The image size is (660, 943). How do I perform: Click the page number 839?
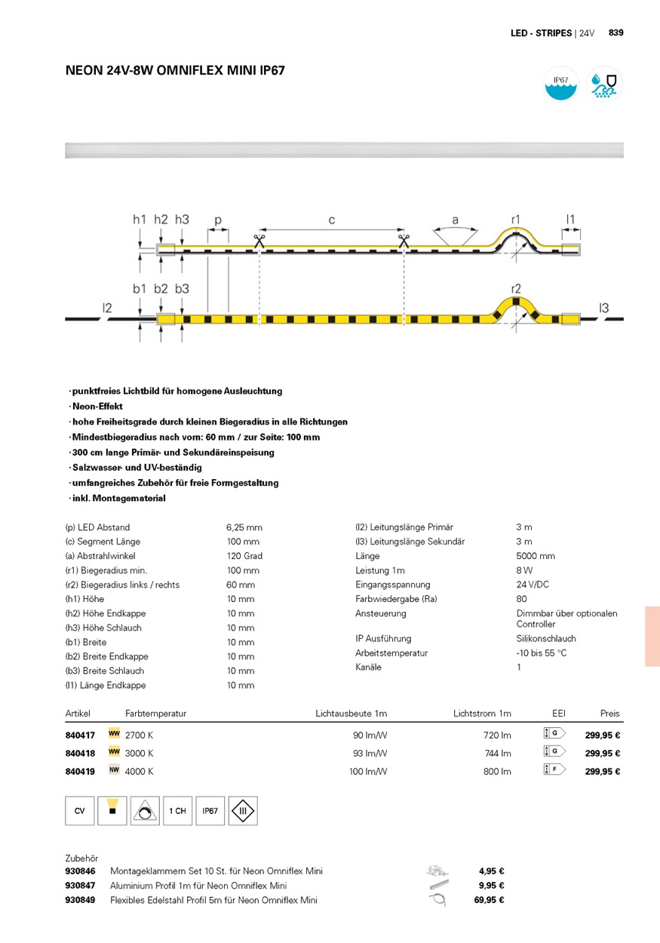click(x=615, y=33)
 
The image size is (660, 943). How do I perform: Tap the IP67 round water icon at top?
click(x=560, y=83)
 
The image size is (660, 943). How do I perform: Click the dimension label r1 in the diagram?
click(x=516, y=220)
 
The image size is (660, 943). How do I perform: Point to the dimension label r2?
click(x=516, y=289)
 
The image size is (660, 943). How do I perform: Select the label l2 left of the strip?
click(x=107, y=307)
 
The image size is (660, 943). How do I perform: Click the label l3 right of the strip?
click(x=603, y=307)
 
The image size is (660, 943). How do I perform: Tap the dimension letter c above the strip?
click(x=331, y=220)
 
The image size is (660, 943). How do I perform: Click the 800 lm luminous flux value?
click(x=497, y=772)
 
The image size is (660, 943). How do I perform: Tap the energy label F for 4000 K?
click(x=554, y=771)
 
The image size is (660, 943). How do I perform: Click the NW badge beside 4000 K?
click(x=115, y=771)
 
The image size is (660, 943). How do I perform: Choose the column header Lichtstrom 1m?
click(x=482, y=714)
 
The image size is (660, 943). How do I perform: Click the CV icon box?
click(x=79, y=811)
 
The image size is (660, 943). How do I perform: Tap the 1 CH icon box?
click(x=177, y=811)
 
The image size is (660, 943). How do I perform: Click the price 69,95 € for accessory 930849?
click(x=489, y=900)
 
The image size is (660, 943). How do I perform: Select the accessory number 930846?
click(x=81, y=871)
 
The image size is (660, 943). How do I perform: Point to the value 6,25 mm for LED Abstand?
click(x=244, y=527)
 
